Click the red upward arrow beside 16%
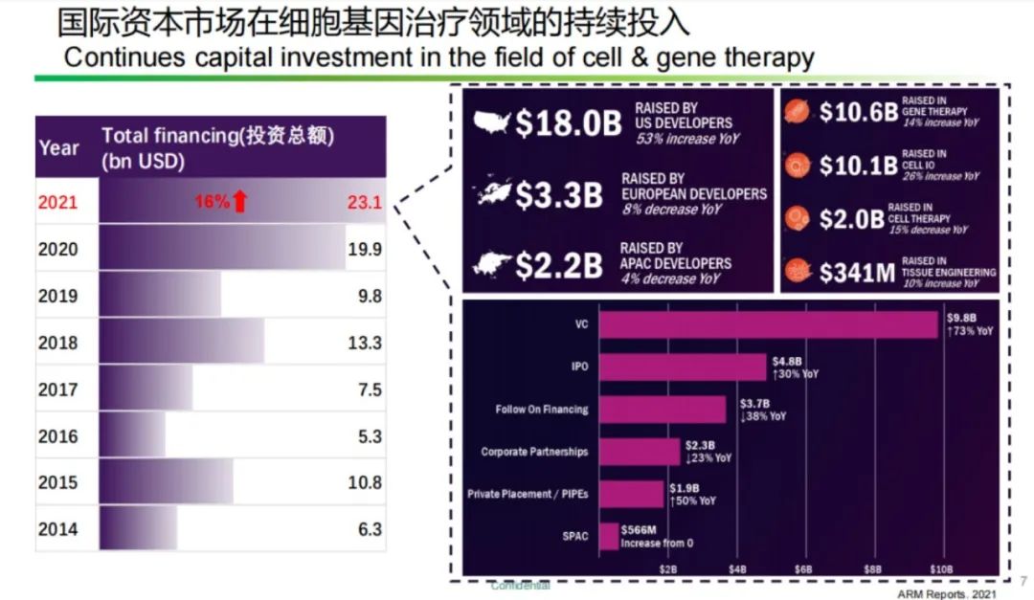(x=240, y=201)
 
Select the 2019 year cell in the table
(x=58, y=296)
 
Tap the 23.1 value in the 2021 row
(x=364, y=203)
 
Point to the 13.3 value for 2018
(x=365, y=343)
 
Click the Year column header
(x=58, y=148)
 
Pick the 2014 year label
(x=58, y=529)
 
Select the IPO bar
(x=683, y=367)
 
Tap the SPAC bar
(x=609, y=537)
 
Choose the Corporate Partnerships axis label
(x=534, y=452)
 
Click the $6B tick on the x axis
(x=804, y=568)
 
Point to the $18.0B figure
(x=569, y=123)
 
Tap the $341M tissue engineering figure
(x=857, y=274)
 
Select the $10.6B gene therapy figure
(x=859, y=112)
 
